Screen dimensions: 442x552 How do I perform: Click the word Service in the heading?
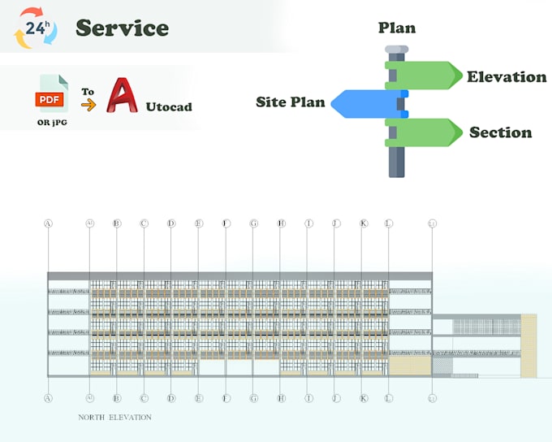[122, 28]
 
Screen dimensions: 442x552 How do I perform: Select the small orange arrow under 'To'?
[88, 105]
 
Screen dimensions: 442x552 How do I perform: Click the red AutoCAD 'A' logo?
[123, 97]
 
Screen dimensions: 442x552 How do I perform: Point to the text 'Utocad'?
[169, 106]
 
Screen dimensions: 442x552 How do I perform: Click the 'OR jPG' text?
[54, 122]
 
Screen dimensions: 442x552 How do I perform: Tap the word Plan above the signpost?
[397, 28]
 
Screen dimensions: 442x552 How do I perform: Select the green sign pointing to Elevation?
[423, 76]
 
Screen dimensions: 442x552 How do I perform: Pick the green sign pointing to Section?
[423, 132]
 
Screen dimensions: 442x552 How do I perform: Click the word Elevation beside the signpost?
[506, 77]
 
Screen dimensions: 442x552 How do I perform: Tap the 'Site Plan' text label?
[291, 102]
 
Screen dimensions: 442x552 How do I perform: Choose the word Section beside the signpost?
[500, 132]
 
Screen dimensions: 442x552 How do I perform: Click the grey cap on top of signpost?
[396, 50]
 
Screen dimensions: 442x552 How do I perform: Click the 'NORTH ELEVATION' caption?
[114, 417]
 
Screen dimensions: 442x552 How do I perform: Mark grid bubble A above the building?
[48, 223]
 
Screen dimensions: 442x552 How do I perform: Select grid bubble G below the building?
[253, 398]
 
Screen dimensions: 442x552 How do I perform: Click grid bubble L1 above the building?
[432, 223]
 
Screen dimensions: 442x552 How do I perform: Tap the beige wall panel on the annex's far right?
[528, 345]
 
